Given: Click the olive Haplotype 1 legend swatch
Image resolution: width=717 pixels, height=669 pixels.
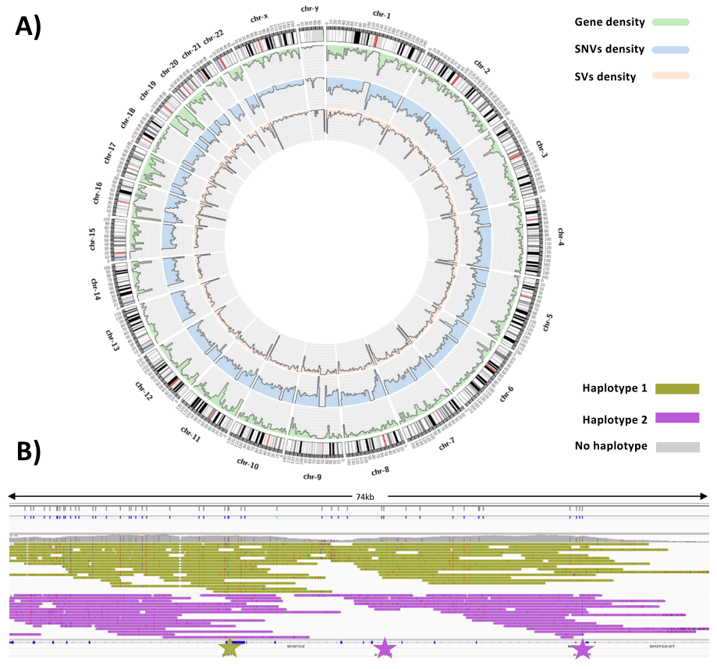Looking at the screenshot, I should [676, 388].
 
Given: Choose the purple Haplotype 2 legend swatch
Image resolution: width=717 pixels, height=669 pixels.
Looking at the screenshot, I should [676, 418].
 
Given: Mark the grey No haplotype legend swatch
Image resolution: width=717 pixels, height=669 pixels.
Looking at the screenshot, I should [676, 447].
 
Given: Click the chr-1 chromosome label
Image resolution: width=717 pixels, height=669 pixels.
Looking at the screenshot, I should [382, 14].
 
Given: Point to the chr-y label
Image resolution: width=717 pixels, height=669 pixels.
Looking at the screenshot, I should [310, 9].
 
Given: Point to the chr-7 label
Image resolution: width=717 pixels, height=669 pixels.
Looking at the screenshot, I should [447, 444].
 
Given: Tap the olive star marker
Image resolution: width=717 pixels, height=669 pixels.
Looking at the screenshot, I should [229, 647].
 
